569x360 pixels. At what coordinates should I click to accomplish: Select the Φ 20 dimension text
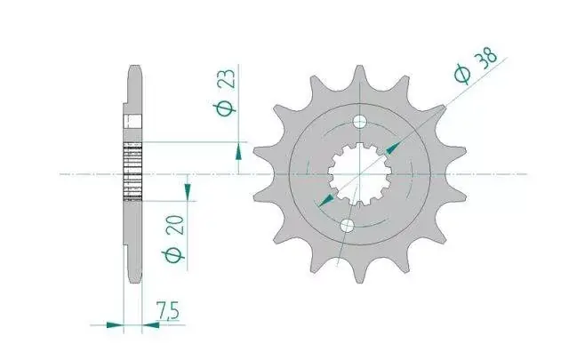point(174,239)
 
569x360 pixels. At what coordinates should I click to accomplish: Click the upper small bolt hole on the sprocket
point(359,123)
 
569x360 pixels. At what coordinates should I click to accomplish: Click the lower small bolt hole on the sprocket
point(347,226)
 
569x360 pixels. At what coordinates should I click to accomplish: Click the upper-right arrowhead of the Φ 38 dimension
point(393,148)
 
